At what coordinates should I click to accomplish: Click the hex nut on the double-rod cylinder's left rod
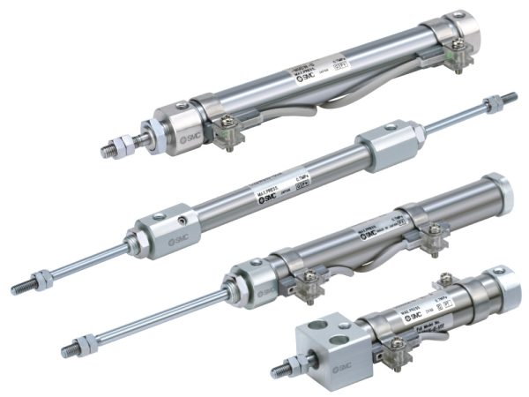coord(41,280)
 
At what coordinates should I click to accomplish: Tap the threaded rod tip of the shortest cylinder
coord(280,368)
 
